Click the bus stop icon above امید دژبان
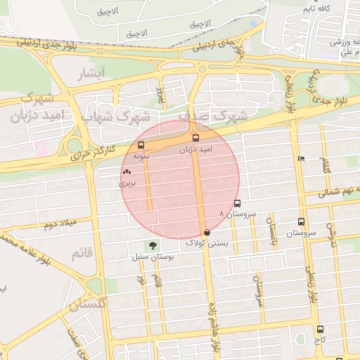pos(195,138)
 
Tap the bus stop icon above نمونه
pos(141,146)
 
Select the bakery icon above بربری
pos(127,172)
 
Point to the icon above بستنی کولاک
pos(207,232)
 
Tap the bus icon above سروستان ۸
pos(236,203)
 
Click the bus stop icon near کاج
pos(320,328)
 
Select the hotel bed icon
pos(302,158)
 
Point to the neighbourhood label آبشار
pos(92,72)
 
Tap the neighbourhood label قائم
pos(82,254)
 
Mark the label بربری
pos(126,183)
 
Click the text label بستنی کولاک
pos(206,243)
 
